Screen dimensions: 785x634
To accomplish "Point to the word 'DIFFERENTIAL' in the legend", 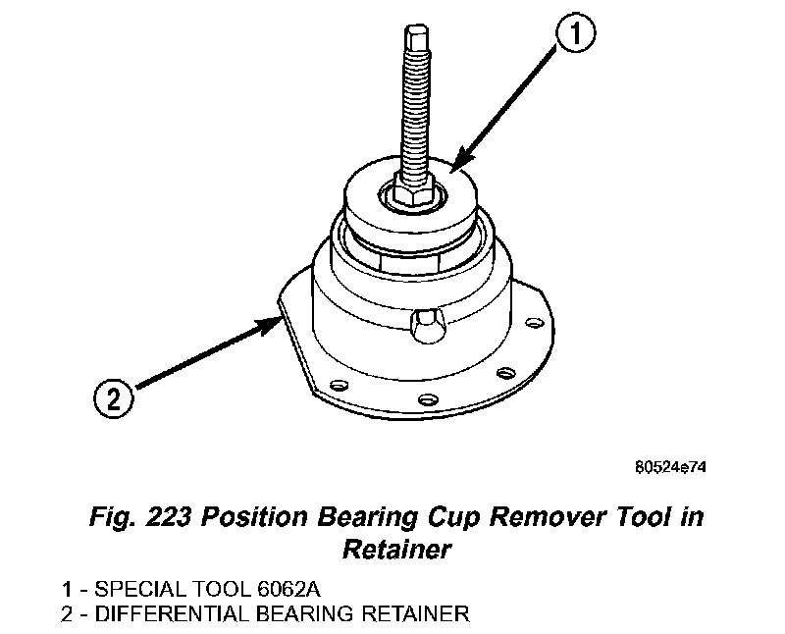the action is [172, 615].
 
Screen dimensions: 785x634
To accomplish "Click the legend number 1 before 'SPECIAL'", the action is [66, 592].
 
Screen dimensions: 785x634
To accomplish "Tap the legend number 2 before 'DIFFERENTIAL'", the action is [66, 615].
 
